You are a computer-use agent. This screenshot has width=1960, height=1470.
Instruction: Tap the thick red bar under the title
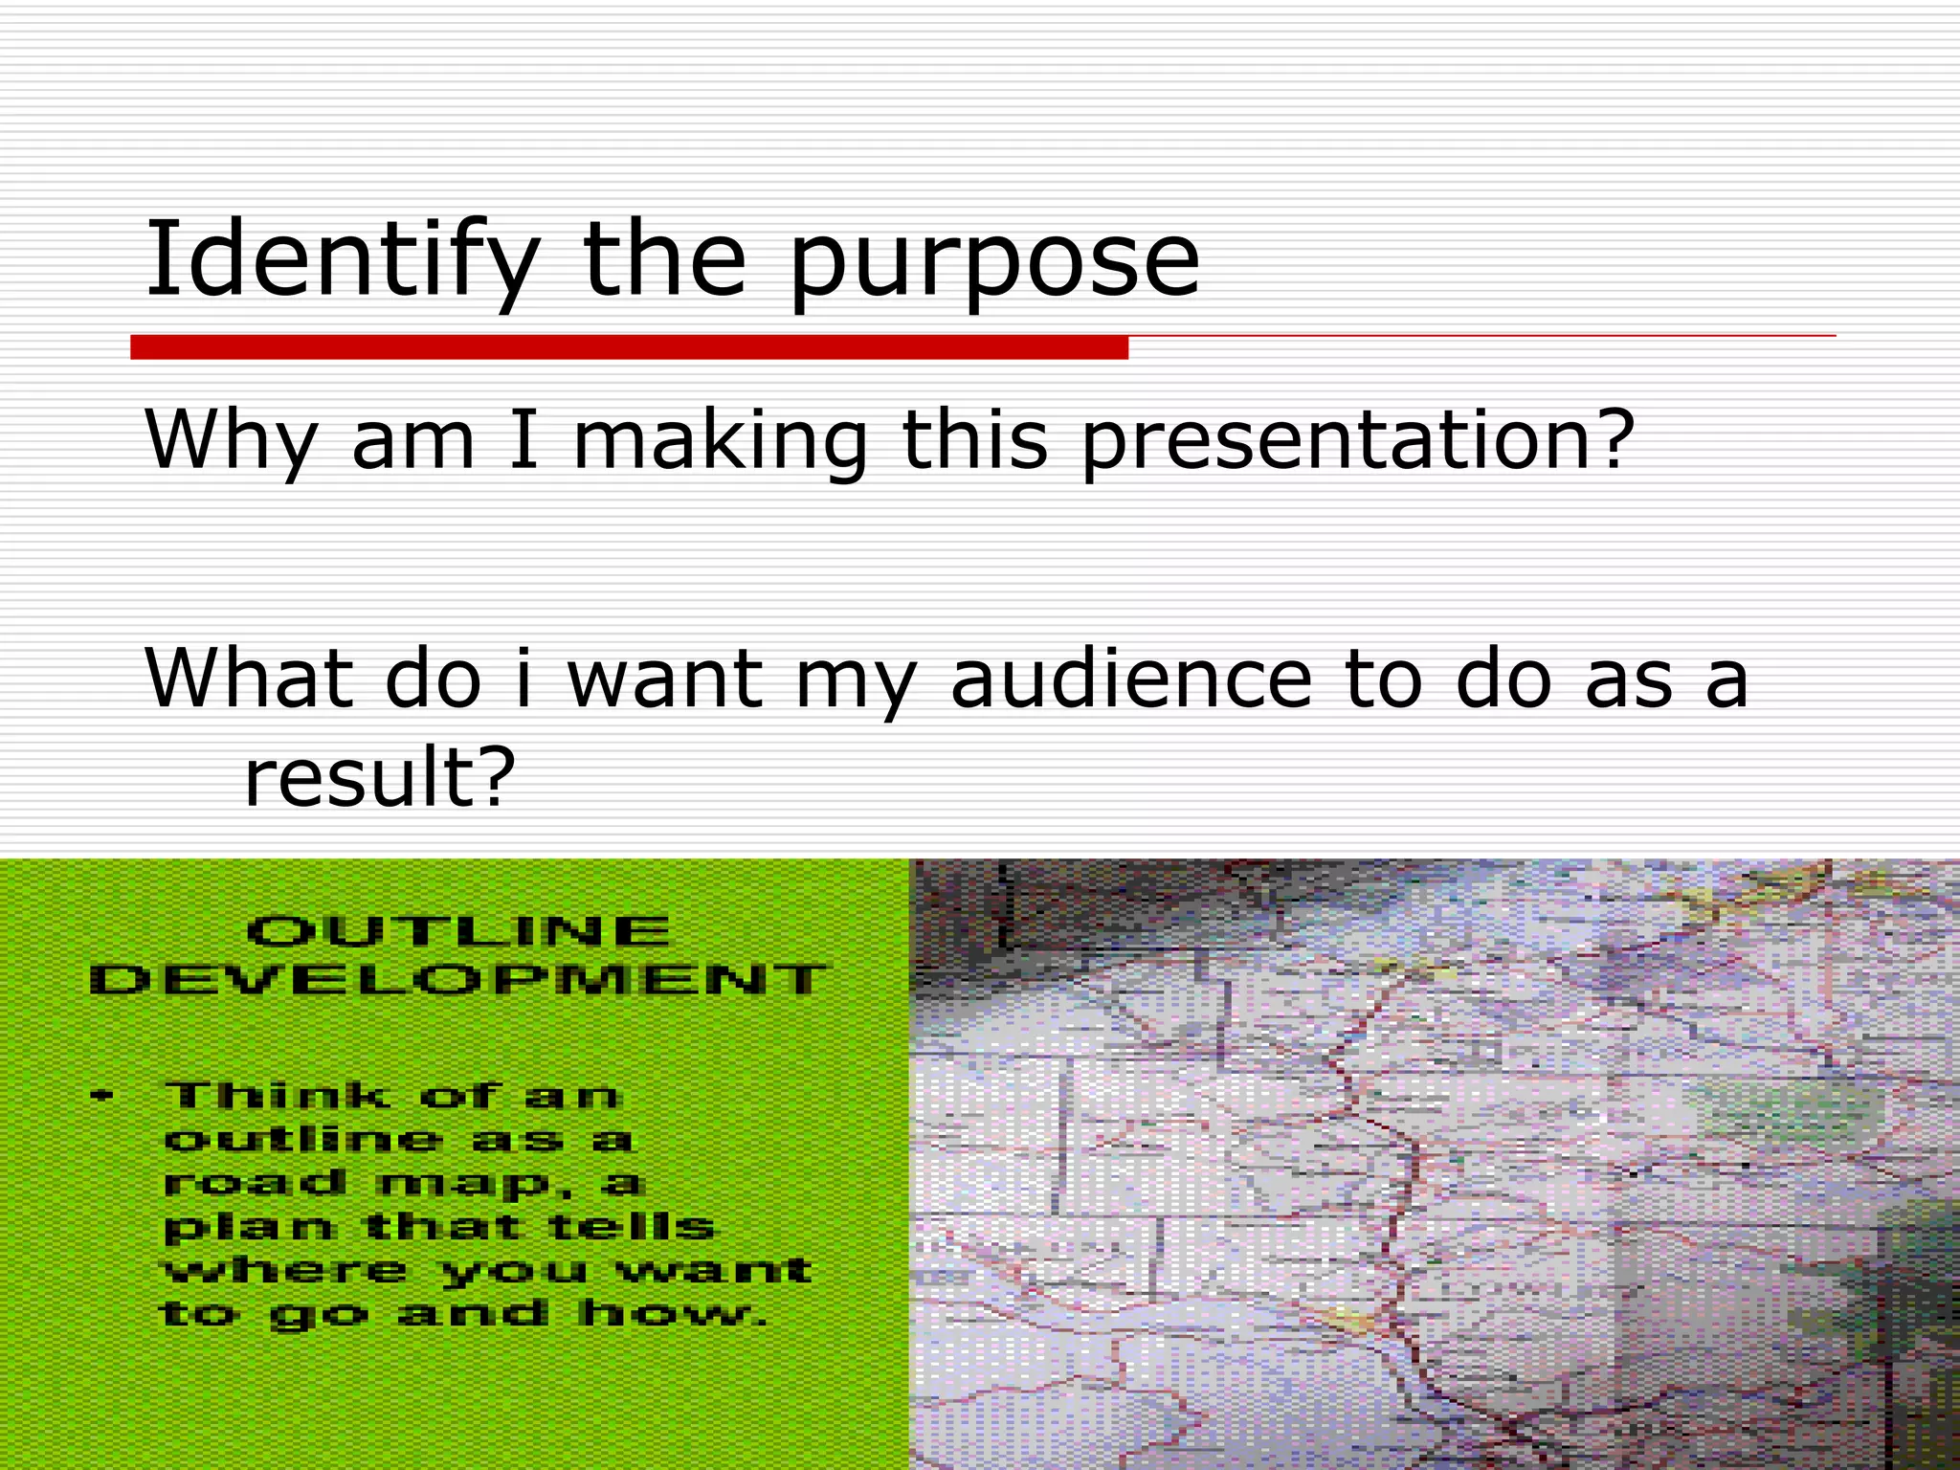pos(629,347)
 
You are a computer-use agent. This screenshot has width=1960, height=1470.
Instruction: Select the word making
pos(720,442)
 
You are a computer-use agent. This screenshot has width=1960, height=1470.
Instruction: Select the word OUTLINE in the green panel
pos(458,931)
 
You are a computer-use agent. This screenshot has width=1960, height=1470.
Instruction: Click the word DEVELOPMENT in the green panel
pos(458,979)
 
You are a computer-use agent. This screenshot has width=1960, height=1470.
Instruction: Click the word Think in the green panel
pos(278,1095)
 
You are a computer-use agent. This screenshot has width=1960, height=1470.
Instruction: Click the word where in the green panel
pos(285,1271)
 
